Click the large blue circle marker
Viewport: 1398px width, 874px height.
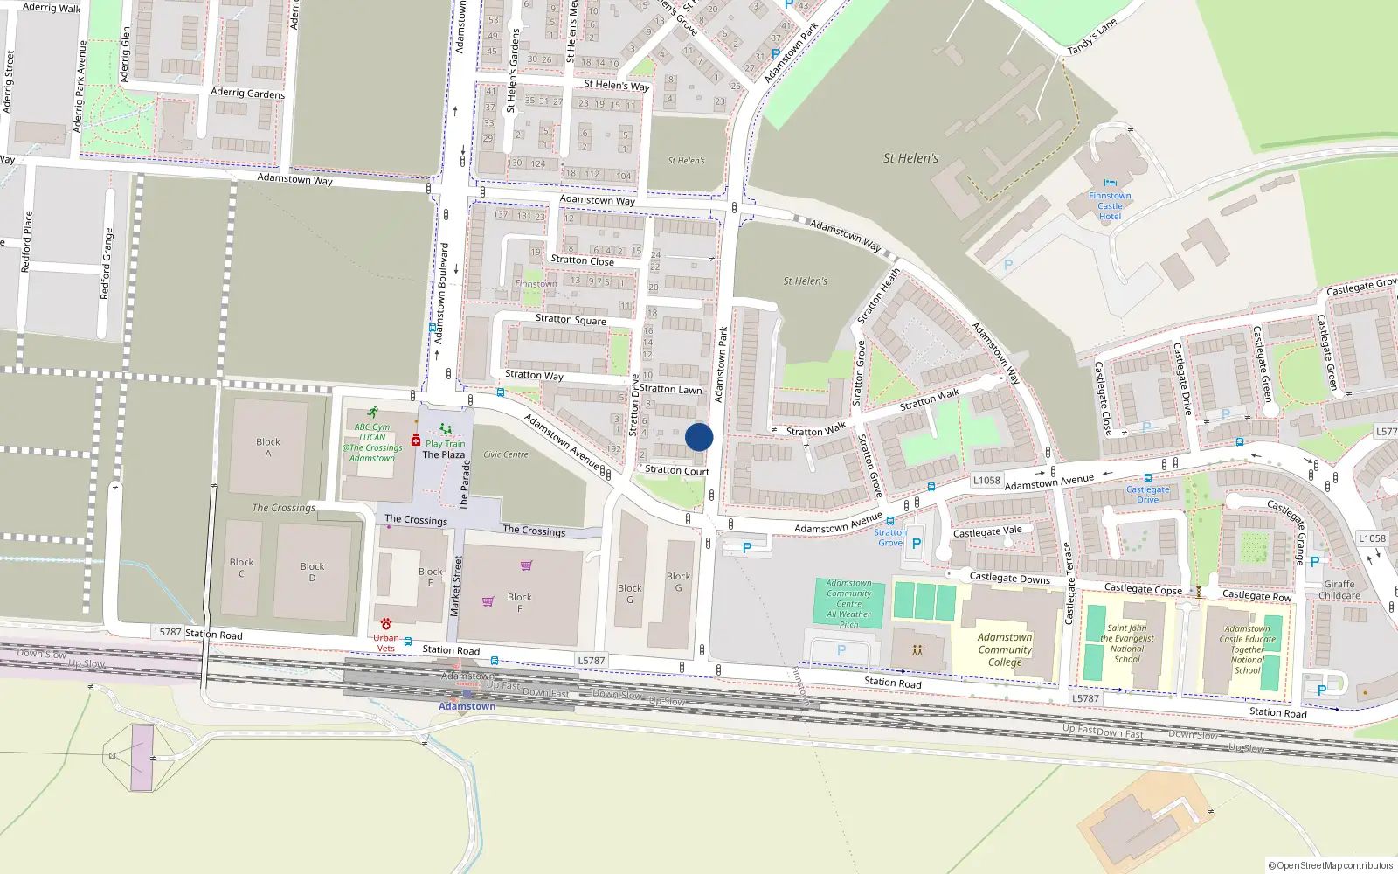pyautogui.click(x=699, y=437)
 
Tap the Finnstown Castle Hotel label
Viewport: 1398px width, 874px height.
pyautogui.click(x=1110, y=206)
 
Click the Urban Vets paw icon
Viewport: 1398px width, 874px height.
pyautogui.click(x=385, y=624)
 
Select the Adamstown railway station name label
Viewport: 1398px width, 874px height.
pyautogui.click(x=467, y=706)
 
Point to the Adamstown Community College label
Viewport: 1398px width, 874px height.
pyautogui.click(x=1005, y=649)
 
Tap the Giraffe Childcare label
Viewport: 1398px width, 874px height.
pyautogui.click(x=1339, y=590)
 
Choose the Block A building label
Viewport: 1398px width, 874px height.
pyautogui.click(x=268, y=447)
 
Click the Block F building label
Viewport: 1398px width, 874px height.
pyautogui.click(x=519, y=603)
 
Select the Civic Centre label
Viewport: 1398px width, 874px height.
pyautogui.click(x=505, y=454)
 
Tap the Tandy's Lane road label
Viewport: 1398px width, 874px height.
pyautogui.click(x=1092, y=38)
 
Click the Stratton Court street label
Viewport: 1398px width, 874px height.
pyautogui.click(x=677, y=470)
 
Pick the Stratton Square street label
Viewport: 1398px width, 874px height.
pyautogui.click(x=571, y=319)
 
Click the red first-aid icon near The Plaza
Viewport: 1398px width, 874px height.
pyautogui.click(x=416, y=440)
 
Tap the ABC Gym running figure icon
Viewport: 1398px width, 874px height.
pyautogui.click(x=373, y=412)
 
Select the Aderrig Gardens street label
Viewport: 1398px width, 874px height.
pyautogui.click(x=247, y=93)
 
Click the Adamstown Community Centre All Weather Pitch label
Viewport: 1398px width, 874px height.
pyautogui.click(x=848, y=604)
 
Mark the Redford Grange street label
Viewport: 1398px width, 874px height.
pyautogui.click(x=107, y=264)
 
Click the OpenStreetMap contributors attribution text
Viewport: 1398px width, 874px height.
pyautogui.click(x=1331, y=866)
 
